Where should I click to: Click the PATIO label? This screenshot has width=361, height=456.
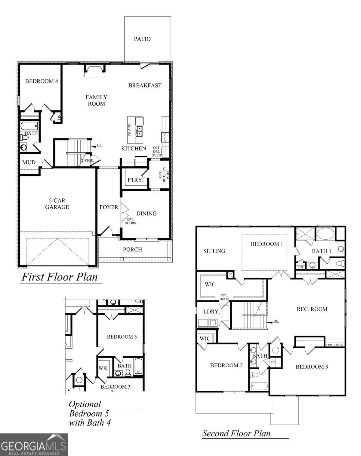(x=142, y=39)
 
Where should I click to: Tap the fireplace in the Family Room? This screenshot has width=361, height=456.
(x=94, y=70)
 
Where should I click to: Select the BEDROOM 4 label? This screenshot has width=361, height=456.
(x=42, y=81)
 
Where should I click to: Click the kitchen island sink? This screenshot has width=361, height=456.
(x=139, y=131)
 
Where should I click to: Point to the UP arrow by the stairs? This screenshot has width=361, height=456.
(x=99, y=146)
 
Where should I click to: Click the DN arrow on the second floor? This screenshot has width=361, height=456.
(x=275, y=321)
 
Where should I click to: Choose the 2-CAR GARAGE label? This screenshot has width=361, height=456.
(x=57, y=204)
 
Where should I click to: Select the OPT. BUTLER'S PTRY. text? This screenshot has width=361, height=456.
(x=164, y=175)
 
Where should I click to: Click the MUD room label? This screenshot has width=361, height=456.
(x=29, y=163)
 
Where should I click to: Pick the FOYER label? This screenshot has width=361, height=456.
(x=109, y=207)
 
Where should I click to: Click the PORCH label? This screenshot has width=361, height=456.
(x=132, y=250)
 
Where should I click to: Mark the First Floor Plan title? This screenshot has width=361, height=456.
(x=60, y=277)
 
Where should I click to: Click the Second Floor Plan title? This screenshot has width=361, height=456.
(x=236, y=433)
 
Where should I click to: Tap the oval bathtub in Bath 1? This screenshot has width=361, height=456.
(x=326, y=234)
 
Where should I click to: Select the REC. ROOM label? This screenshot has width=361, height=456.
(x=312, y=309)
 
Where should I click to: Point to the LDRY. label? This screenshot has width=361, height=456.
(x=211, y=312)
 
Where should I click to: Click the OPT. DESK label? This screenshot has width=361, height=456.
(x=335, y=345)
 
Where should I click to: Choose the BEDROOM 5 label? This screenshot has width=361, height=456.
(x=122, y=337)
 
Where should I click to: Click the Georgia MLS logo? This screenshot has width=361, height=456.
(x=34, y=445)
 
